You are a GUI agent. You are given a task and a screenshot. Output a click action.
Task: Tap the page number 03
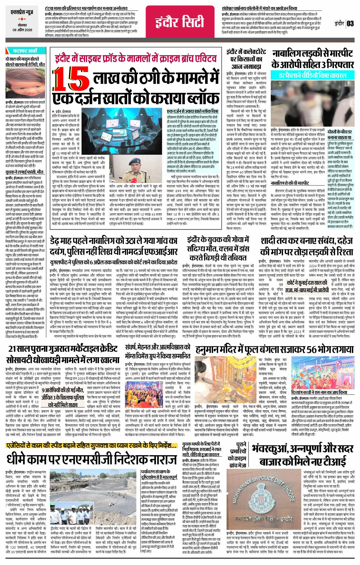pos(350,23)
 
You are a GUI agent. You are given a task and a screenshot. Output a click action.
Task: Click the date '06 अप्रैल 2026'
pos(22,30)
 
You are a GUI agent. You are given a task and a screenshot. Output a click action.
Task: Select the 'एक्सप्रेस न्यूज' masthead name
pos(22,13)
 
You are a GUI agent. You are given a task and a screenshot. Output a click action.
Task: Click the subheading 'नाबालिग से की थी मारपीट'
pos(290,183)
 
